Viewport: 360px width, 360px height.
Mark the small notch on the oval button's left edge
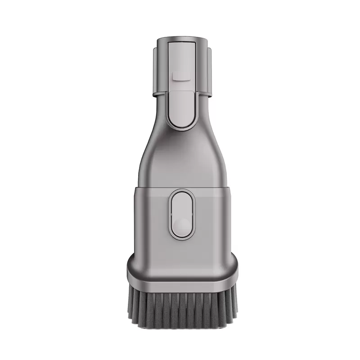click(x=172, y=214)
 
